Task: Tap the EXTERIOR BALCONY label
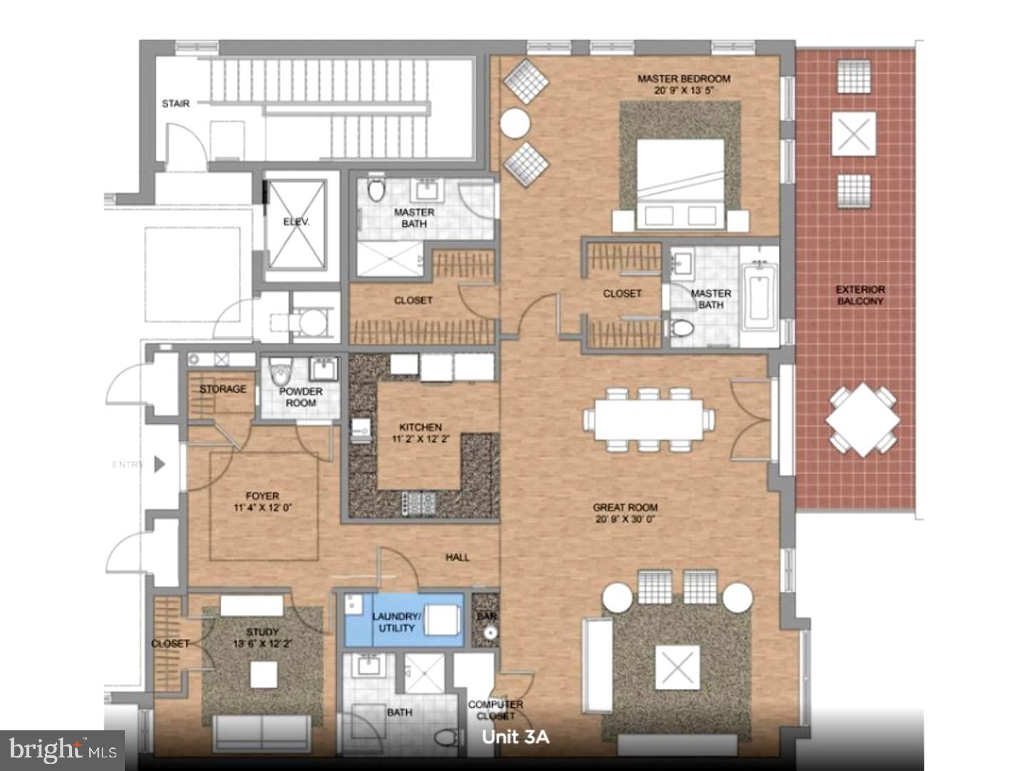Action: pyautogui.click(x=860, y=295)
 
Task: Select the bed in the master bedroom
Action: pyautogui.click(x=680, y=183)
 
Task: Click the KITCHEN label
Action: pyautogui.click(x=420, y=427)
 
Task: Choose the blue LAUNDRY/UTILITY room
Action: pyautogui.click(x=403, y=620)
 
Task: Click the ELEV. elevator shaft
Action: pyautogui.click(x=296, y=223)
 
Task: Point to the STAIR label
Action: pyautogui.click(x=176, y=104)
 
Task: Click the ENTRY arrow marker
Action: pyautogui.click(x=159, y=464)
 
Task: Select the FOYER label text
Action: pyautogui.click(x=262, y=495)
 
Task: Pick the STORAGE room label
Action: pyautogui.click(x=222, y=389)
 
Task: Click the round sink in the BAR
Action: pyautogui.click(x=489, y=633)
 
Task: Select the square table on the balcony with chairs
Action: pyautogui.click(x=862, y=420)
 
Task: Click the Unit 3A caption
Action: pyautogui.click(x=515, y=737)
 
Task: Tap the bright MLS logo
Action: pyautogui.click(x=63, y=750)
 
